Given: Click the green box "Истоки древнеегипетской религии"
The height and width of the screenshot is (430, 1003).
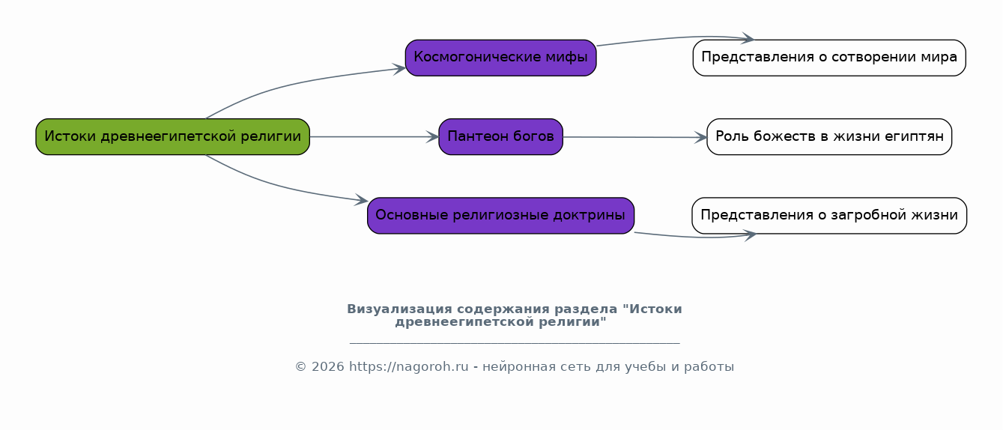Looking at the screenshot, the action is point(172,136).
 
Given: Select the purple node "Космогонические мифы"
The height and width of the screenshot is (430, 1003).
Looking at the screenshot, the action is point(500,58).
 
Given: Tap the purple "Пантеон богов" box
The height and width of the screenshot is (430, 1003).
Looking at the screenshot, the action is point(500,136).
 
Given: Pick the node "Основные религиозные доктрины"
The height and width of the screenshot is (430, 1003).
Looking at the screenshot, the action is point(500,216).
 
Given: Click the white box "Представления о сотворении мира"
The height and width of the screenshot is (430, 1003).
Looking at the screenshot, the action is point(829,58).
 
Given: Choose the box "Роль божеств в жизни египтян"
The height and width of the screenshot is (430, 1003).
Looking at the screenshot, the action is point(829,136).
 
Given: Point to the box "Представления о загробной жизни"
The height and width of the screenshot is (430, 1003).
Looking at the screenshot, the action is point(829,216).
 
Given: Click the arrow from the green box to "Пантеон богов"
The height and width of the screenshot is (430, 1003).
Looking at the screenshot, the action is point(375,136).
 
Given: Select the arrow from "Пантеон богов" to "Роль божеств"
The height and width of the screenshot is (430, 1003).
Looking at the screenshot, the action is point(635,137).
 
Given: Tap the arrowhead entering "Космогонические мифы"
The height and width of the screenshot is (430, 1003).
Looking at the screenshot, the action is point(399,69).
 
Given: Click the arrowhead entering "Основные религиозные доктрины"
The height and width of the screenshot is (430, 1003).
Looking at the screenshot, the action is point(361,200).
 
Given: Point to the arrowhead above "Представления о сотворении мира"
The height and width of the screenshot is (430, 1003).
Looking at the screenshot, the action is point(748,38).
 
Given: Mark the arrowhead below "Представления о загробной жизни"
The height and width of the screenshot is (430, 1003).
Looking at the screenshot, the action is point(750,234).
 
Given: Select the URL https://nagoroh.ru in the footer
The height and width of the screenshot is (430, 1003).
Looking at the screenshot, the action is point(408,367).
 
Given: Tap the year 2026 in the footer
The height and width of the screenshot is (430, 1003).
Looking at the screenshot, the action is point(328,367).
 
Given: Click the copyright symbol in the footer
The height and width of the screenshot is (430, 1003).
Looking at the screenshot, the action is point(301,367).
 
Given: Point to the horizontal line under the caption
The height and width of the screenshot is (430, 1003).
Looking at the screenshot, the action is point(515,344).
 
